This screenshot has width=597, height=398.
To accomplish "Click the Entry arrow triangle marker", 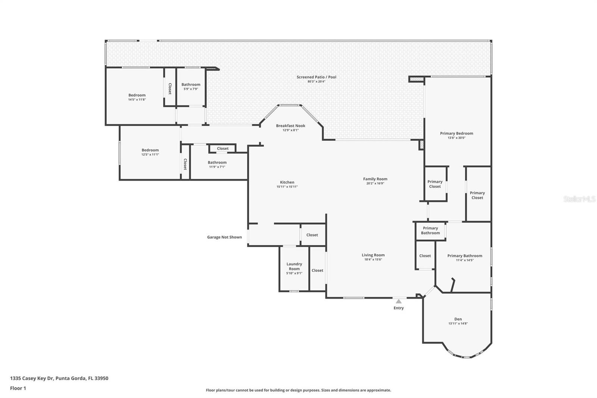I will click(398, 301).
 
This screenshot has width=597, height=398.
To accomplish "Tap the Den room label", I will click(458, 319).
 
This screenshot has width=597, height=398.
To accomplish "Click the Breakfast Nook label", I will click(290, 125).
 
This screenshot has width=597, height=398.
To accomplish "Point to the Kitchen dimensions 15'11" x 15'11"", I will click(287, 187).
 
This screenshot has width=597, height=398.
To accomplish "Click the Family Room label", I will click(375, 179).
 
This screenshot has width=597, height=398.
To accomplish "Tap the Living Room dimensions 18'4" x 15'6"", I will click(373, 259).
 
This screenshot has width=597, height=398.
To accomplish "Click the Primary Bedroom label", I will click(456, 133).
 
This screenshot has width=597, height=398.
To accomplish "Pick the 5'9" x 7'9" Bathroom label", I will click(191, 84).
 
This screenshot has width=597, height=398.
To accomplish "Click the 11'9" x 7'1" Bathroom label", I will click(217, 162).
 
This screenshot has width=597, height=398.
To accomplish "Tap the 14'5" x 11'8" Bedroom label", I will click(137, 95).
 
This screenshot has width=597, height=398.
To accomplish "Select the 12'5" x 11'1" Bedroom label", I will click(150, 150).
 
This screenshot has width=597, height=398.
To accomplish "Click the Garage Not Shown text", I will click(224, 237).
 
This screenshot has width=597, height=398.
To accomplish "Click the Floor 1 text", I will click(18, 388).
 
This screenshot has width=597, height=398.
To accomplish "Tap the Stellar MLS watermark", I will click(579, 199).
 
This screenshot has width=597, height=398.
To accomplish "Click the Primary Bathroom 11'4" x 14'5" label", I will click(465, 256).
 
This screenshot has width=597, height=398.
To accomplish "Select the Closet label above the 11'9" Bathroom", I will click(223, 149).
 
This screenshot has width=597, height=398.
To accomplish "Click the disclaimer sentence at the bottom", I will click(298, 390).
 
